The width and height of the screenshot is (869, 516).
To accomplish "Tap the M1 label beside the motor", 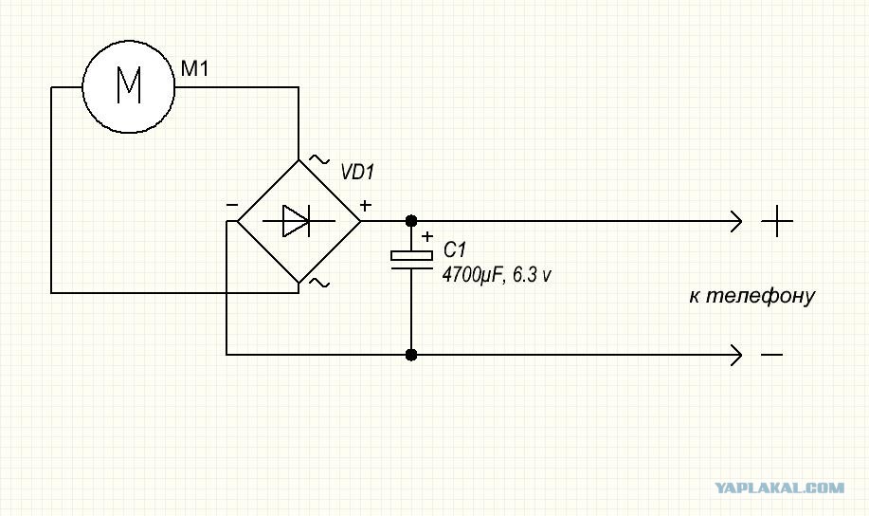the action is [194, 69].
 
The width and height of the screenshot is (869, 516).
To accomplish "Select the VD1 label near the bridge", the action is [357, 173].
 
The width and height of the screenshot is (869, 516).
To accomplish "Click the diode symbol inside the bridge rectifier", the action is [296, 221].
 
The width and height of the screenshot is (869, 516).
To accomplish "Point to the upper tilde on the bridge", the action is [318, 159].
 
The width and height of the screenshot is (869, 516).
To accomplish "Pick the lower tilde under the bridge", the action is [319, 284].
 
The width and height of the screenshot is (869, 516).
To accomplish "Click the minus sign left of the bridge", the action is [231, 205].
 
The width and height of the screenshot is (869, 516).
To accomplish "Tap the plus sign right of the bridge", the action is [365, 205].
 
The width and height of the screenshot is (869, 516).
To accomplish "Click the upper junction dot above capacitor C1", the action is [410, 221].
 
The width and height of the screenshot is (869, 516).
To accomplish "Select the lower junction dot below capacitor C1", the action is [410, 355].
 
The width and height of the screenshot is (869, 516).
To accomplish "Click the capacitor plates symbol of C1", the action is [411, 260].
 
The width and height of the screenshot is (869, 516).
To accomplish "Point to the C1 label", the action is [455, 250].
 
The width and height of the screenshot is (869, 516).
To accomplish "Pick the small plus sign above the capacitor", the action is [426, 237].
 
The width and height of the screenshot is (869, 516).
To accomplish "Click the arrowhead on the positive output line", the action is [736, 221].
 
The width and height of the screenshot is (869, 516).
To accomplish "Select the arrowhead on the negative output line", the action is [736, 355].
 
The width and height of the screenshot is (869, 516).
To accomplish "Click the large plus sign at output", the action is [777, 221].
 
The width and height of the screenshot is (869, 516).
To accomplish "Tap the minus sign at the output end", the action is [771, 355].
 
